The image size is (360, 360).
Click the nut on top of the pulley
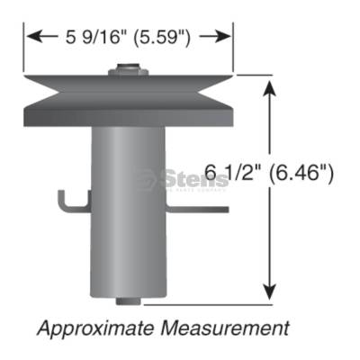coord(127,69)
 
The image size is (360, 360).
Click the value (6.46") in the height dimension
coord(302,171)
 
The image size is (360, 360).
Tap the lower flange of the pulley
coord(126,114)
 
